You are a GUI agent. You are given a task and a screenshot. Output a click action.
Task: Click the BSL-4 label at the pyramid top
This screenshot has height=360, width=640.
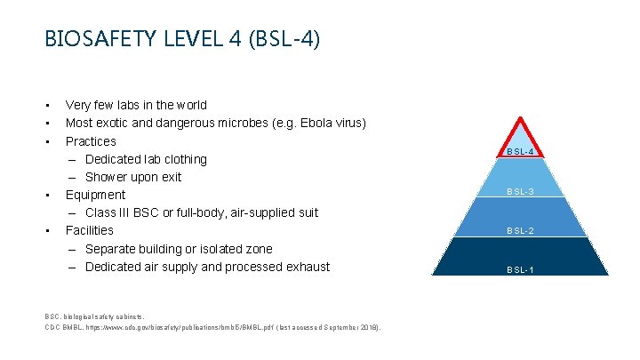point(520,152)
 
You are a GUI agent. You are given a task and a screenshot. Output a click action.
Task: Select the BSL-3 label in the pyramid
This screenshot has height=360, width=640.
point(520,192)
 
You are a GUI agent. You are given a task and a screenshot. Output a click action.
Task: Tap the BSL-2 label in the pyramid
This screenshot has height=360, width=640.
point(520,231)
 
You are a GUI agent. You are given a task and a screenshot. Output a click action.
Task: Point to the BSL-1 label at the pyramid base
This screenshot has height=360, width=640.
point(520,269)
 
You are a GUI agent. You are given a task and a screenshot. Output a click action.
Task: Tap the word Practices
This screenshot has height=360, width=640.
point(91,141)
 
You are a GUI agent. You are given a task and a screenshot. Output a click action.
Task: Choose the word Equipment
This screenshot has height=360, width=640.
point(95,195)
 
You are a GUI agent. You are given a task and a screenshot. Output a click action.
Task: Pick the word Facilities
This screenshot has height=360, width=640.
point(90,230)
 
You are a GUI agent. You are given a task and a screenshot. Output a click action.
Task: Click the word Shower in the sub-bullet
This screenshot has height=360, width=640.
point(108,177)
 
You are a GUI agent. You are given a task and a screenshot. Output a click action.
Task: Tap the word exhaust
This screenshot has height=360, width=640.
point(307,267)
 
